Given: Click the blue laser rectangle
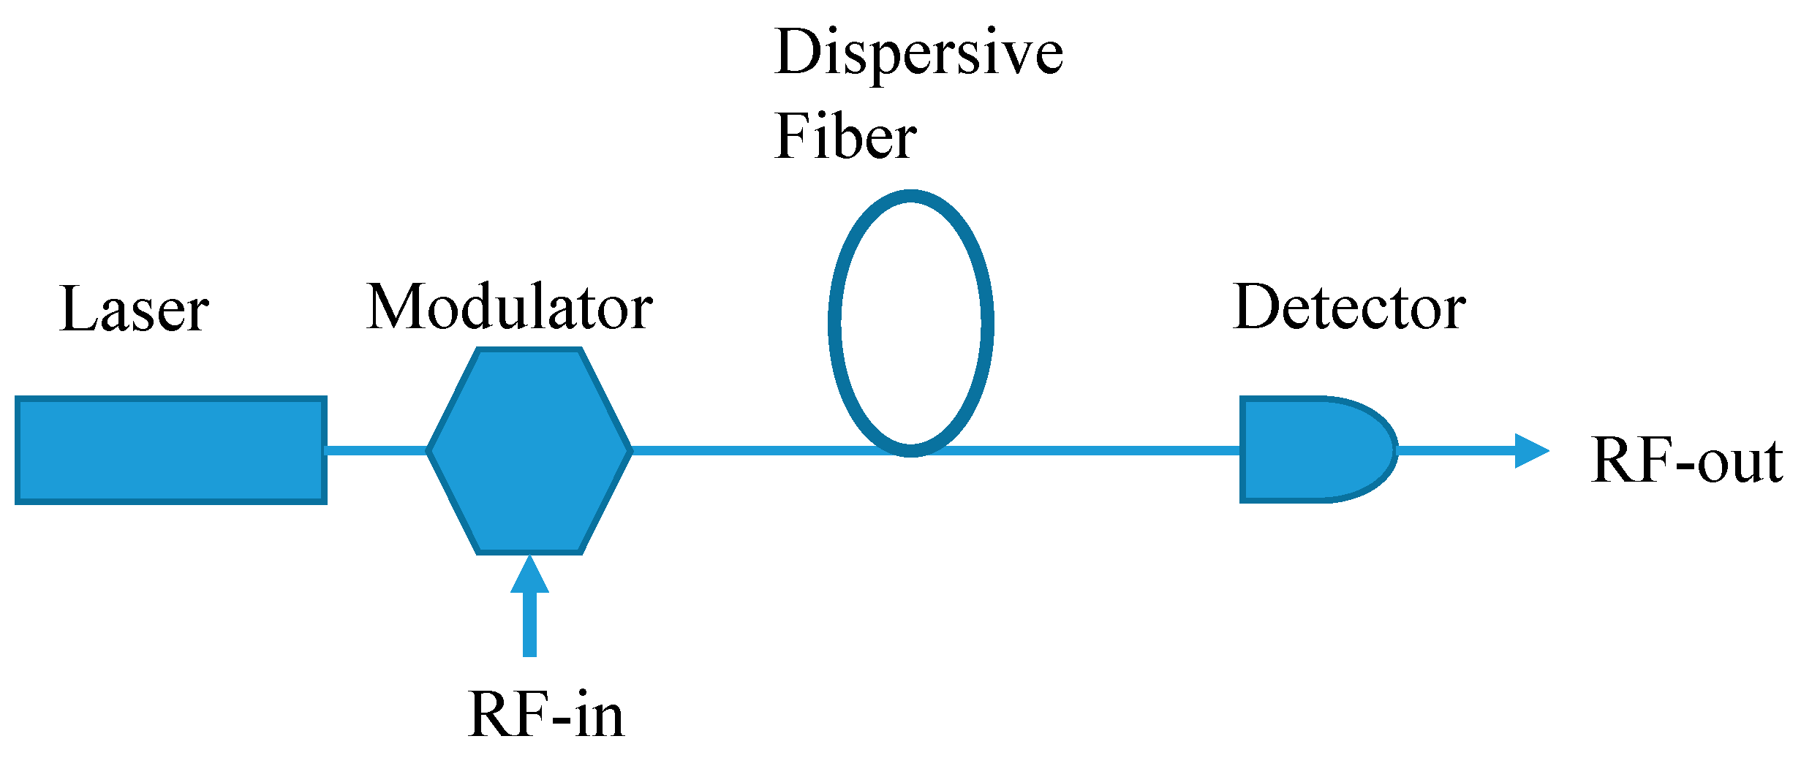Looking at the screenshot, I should coord(170,450).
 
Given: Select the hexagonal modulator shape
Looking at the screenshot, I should coord(529,450).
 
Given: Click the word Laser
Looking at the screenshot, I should coord(135,310).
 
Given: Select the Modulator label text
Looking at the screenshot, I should coord(510,308).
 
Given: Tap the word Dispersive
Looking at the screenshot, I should coord(919,53).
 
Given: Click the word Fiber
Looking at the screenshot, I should coord(846,137).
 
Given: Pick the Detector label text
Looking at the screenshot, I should coord(1349,308).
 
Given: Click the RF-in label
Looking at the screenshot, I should coord(546,715).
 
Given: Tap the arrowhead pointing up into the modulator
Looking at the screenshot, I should coord(529,575).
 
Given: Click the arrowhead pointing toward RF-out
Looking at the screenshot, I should coord(1530,451).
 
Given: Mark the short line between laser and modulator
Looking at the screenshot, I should coord(377,450).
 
